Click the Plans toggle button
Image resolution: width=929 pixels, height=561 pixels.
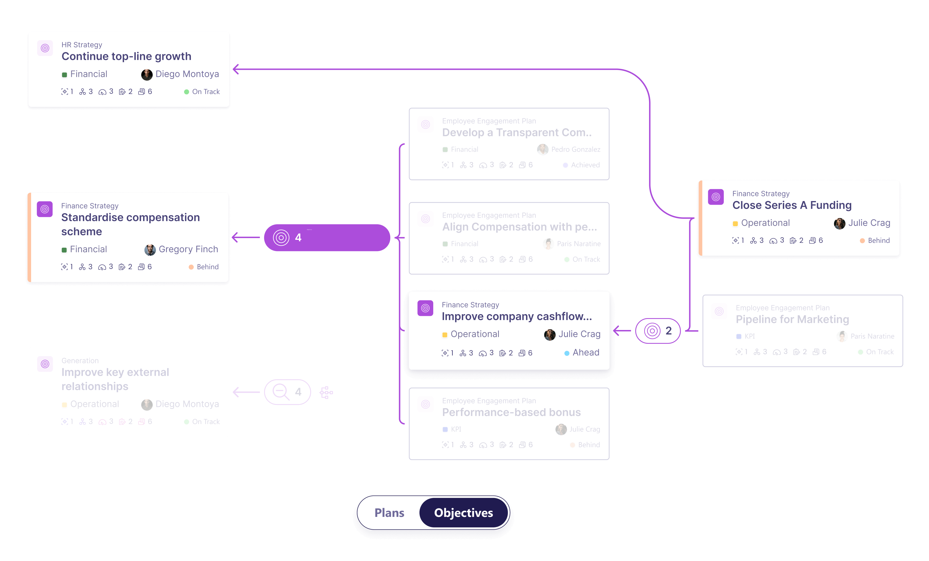pyautogui.click(x=389, y=513)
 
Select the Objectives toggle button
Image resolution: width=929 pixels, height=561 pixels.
pyautogui.click(x=464, y=513)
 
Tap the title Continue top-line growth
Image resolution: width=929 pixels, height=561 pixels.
pyautogui.click(x=126, y=56)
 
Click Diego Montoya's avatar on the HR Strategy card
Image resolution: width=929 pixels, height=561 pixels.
pyautogui.click(x=147, y=74)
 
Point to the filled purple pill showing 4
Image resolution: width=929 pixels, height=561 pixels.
pyautogui.click(x=327, y=238)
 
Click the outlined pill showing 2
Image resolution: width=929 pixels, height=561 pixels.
pyautogui.click(x=658, y=331)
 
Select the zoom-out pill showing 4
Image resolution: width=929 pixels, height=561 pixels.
pyautogui.click(x=287, y=392)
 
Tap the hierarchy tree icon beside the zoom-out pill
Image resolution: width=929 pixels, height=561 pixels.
pyautogui.click(x=326, y=392)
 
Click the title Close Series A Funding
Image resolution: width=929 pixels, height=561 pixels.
pyautogui.click(x=792, y=205)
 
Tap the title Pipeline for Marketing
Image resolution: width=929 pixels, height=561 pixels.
pyautogui.click(x=792, y=319)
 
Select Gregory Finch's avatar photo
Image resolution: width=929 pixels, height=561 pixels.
pyautogui.click(x=150, y=250)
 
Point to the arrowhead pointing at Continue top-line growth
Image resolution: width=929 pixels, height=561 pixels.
pyautogui.click(x=236, y=69)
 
